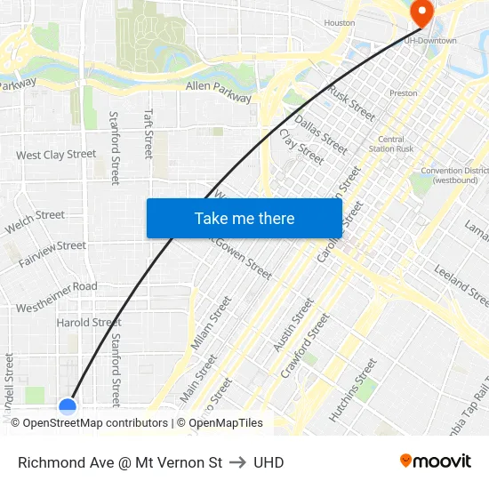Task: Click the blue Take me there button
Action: click(x=244, y=218)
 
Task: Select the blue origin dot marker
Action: click(x=68, y=407)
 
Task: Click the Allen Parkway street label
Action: click(x=219, y=92)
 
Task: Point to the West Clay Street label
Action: click(x=56, y=155)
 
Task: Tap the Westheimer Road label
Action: click(x=56, y=287)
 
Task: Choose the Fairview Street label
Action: click(x=52, y=246)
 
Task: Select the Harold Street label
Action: click(x=89, y=322)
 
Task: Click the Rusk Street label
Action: click(x=352, y=102)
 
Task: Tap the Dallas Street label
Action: click(x=321, y=134)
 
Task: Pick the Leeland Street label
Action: click(x=461, y=285)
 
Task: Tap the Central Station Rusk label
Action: click(x=391, y=144)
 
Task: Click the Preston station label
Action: click(x=403, y=92)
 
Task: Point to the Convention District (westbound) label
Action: click(x=454, y=175)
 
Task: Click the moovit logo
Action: click(x=436, y=461)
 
